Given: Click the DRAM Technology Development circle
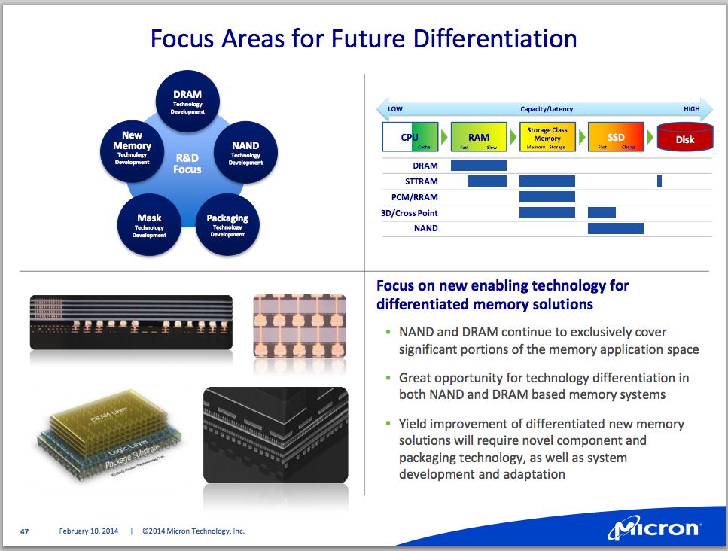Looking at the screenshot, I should coord(187,102).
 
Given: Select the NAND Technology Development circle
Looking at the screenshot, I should coord(245,152).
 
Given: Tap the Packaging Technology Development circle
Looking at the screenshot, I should coord(227,225).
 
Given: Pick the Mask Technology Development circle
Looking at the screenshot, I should coord(149,225).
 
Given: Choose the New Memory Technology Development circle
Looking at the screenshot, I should coord(132,147).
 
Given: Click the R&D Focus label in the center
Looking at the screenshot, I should coord(187,163).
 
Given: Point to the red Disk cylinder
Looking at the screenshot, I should coord(685,138).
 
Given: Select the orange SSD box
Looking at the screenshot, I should coord(616,137).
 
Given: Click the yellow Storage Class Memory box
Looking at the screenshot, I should coord(547,137).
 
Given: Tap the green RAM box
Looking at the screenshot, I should coord(479,137).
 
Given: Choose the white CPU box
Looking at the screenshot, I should coord(410,137).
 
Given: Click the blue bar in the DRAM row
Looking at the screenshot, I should coord(478,165).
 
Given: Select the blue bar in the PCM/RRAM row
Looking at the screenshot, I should coord(547,196).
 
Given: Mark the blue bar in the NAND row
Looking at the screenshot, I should coord(615,228).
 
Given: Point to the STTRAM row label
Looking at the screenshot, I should coord(421,181).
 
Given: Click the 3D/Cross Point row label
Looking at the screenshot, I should coord(410,213).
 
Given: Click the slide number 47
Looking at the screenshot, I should coord(24,531).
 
